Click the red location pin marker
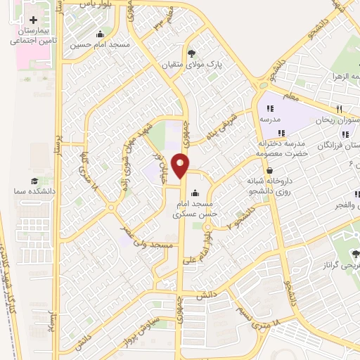181,165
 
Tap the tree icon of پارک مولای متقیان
192,53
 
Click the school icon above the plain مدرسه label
270,108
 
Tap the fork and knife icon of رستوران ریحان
340,109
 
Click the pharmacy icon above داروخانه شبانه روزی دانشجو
270,169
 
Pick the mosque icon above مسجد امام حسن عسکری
195,193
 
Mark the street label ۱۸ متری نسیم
264,314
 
